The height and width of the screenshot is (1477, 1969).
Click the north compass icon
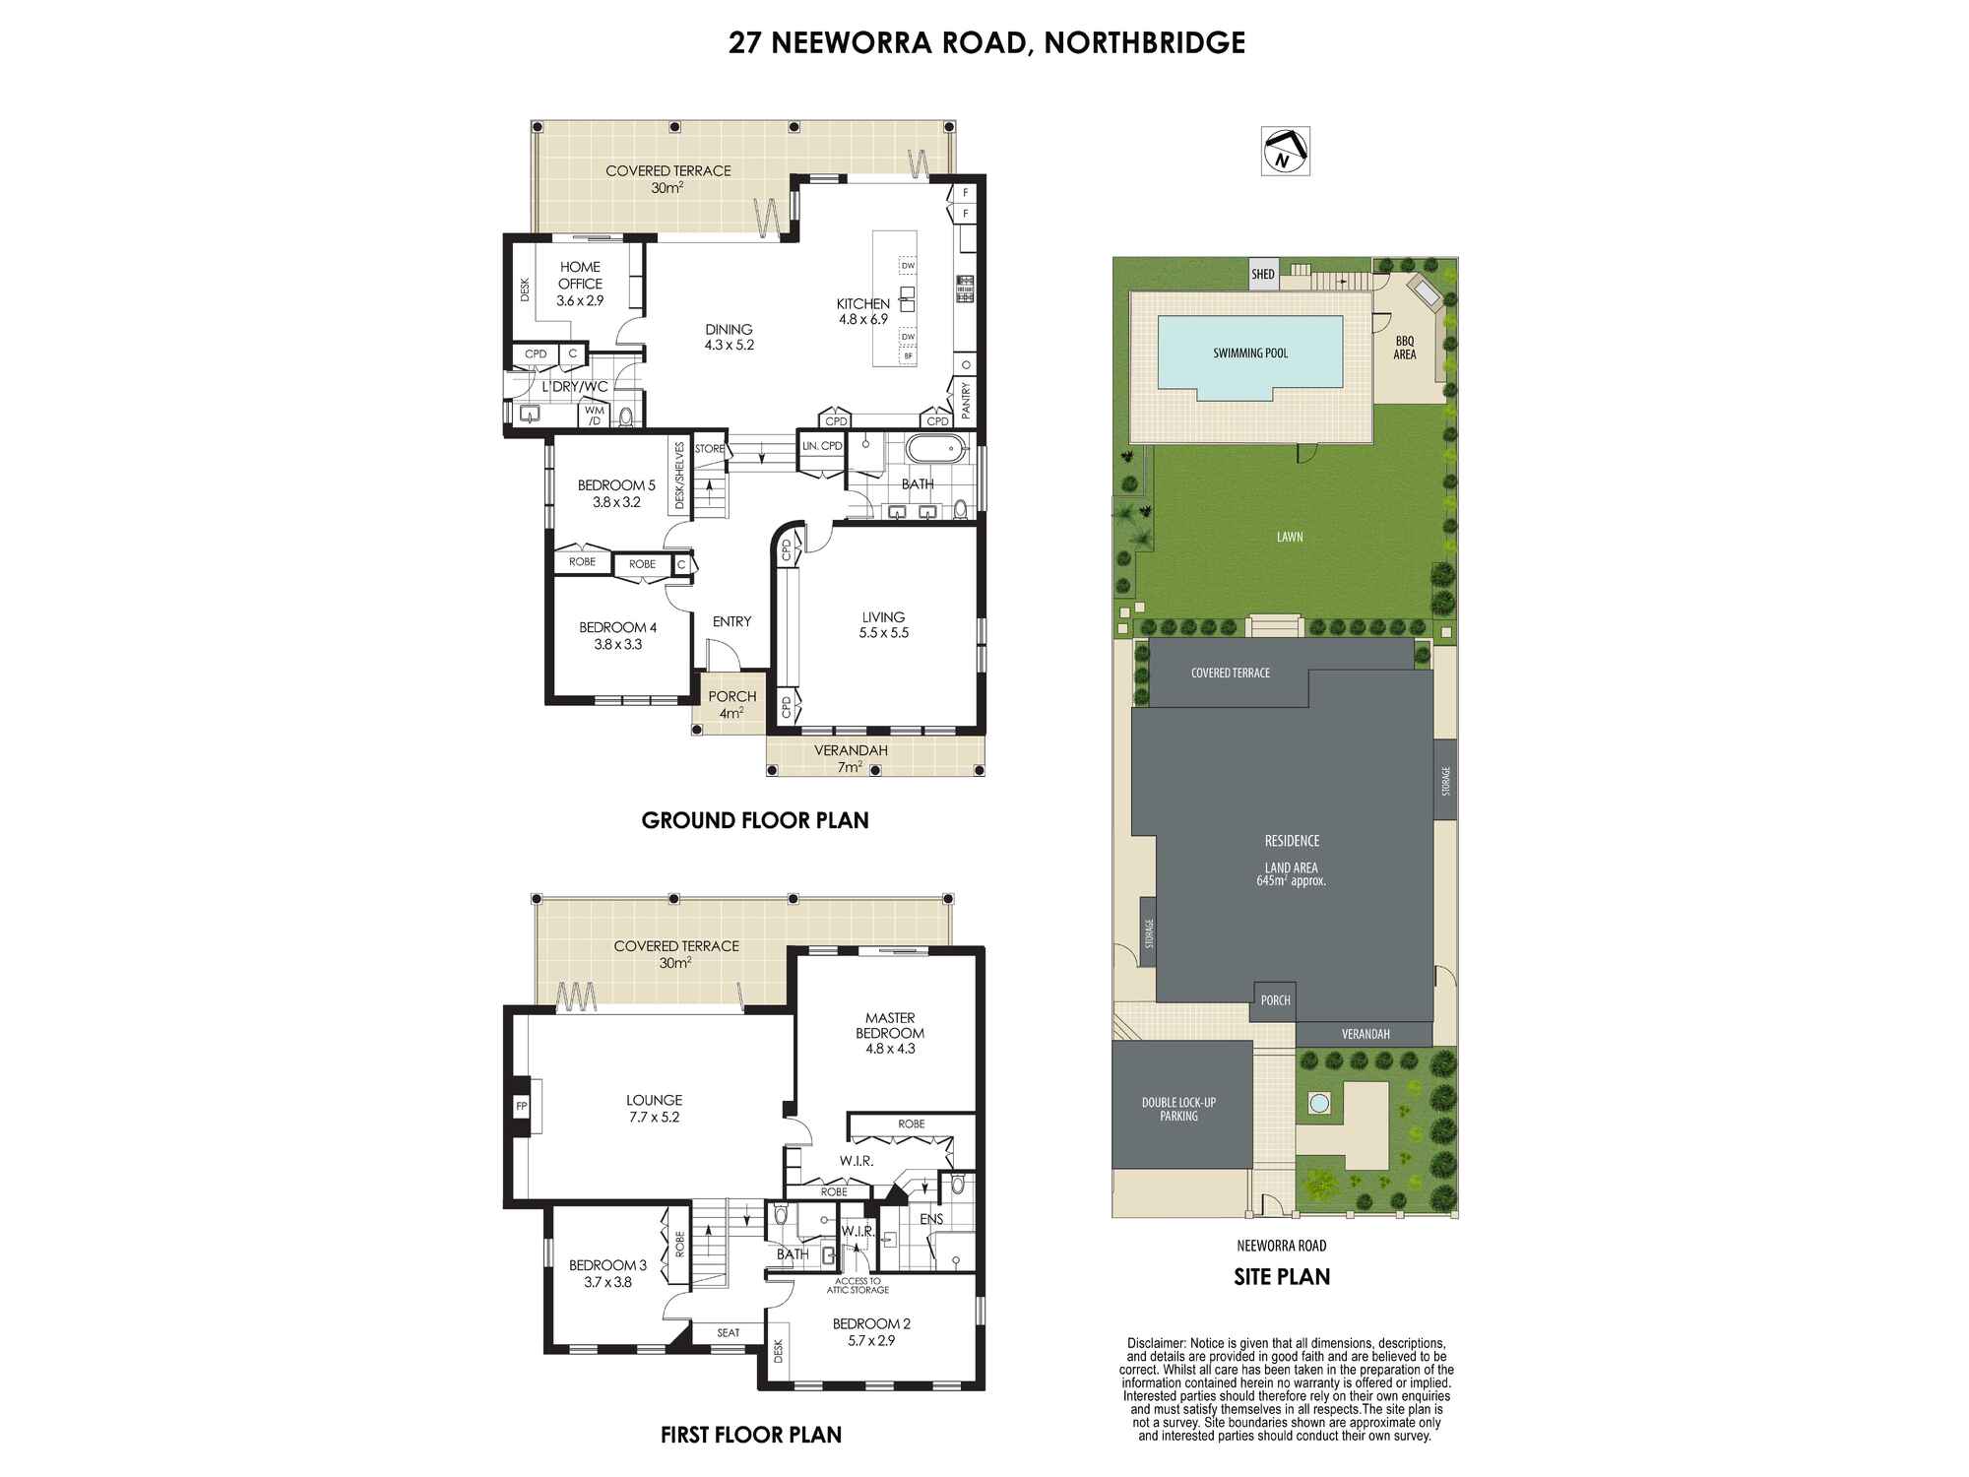[1285, 152]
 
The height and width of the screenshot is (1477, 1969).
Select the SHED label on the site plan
[1263, 275]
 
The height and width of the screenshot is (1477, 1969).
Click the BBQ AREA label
[1405, 348]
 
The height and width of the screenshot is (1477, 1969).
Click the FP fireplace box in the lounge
[522, 1107]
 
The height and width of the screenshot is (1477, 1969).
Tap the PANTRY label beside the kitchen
[966, 401]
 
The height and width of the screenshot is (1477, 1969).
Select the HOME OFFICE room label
[580, 275]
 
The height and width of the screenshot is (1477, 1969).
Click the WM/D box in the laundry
[595, 416]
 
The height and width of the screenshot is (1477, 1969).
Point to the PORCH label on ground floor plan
[732, 696]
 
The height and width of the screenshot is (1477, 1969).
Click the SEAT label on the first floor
[729, 1333]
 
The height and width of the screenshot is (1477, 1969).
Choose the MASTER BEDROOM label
[890, 1025]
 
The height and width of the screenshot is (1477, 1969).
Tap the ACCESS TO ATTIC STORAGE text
[861, 1286]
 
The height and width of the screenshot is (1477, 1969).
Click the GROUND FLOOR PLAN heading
[755, 820]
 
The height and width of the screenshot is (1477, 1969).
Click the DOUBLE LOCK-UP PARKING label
[1179, 1109]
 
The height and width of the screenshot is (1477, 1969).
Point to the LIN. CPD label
[823, 446]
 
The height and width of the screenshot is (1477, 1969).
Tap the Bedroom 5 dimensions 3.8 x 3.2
[616, 502]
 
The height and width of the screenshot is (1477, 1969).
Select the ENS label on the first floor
[931, 1219]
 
